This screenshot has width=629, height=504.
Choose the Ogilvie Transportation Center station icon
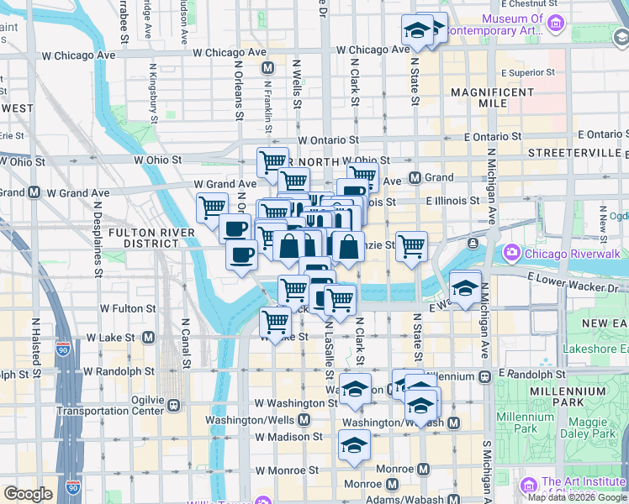(174, 405)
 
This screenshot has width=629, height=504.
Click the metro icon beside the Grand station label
(415, 177)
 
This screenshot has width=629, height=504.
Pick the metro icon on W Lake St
(148, 337)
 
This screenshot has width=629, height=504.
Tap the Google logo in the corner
(28, 494)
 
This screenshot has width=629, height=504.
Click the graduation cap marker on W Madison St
(354, 444)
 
